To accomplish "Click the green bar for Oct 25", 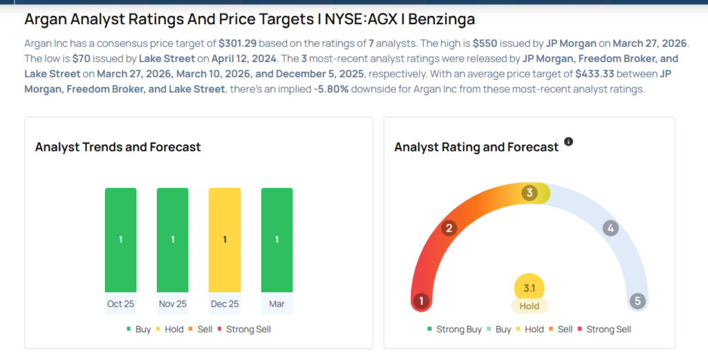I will click(120, 240).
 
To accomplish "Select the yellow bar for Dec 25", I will click(225, 240).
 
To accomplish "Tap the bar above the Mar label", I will click(277, 240).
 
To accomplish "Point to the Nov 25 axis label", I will click(172, 304).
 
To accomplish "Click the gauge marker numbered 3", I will click(530, 193).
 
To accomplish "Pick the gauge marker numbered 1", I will click(421, 301).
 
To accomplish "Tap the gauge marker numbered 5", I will click(637, 301).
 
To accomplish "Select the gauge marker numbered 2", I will click(449, 228).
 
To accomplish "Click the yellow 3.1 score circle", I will click(530, 287).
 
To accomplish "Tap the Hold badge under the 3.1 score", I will click(530, 306).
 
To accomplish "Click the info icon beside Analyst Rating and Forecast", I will click(568, 142).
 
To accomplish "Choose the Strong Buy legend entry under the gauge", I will click(454, 330).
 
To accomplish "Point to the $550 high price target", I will click(484, 43).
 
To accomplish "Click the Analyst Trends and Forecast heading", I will click(118, 147).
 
